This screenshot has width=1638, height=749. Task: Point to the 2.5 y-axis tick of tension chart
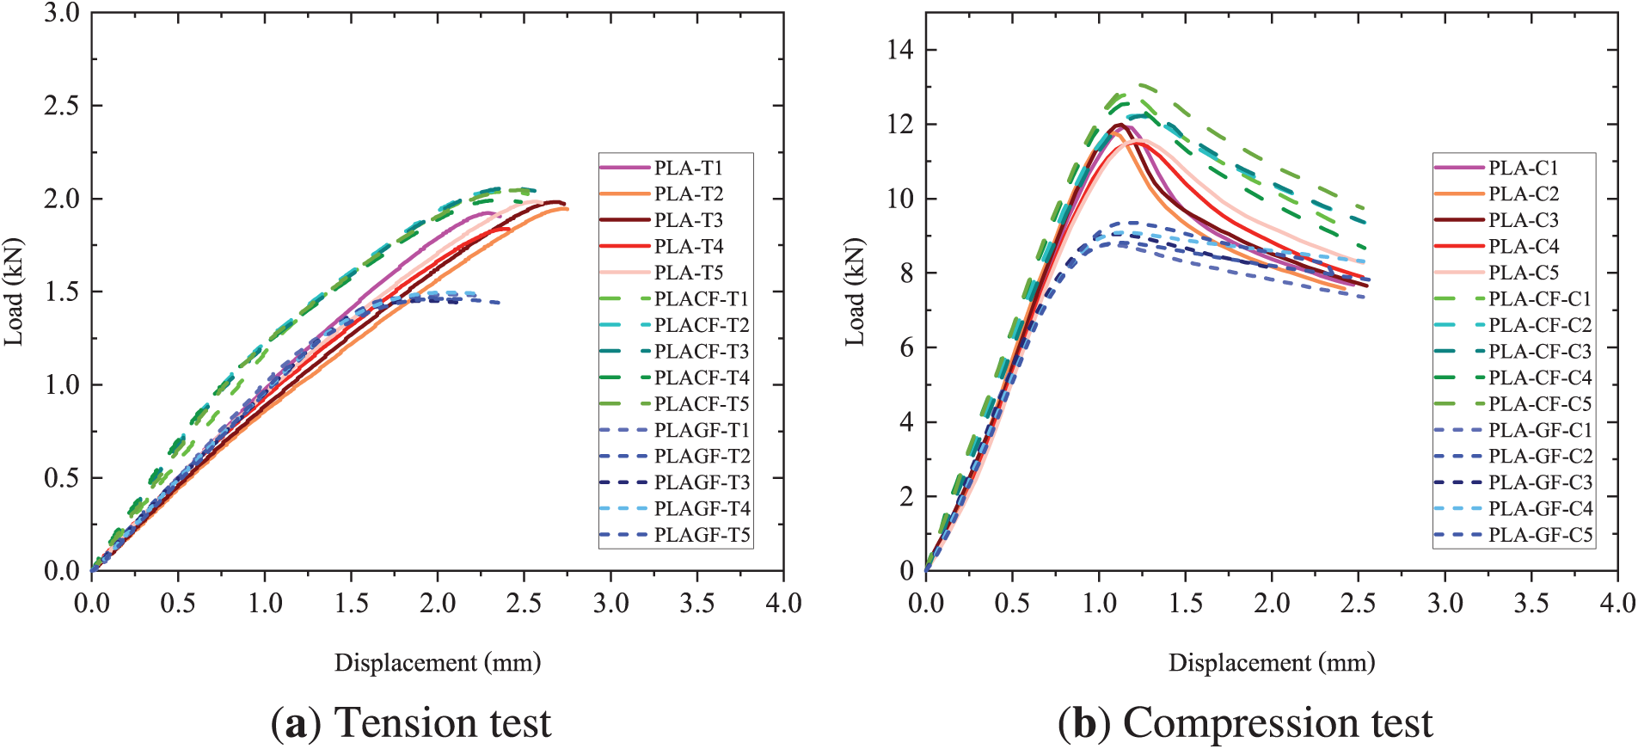click(x=61, y=106)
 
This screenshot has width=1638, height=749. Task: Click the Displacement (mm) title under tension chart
click(x=438, y=663)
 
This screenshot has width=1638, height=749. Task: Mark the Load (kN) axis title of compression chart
click(x=855, y=292)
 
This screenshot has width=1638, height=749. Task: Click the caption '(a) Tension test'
click(x=411, y=722)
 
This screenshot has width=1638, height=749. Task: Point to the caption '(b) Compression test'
click(x=1245, y=722)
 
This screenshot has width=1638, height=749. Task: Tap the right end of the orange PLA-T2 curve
click(x=567, y=209)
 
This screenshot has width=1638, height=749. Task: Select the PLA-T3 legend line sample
click(x=624, y=220)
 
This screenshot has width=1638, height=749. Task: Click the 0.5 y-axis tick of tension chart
click(x=61, y=478)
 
